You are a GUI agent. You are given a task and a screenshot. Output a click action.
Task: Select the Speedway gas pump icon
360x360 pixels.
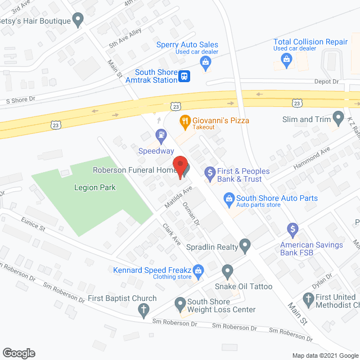tap(161, 136)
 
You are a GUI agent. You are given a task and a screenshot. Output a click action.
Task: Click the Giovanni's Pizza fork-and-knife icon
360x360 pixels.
tap(184, 120)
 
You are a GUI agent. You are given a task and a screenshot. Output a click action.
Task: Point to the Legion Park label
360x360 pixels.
tap(94, 187)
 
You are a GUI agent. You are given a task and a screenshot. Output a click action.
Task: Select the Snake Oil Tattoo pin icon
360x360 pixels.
tap(227, 272)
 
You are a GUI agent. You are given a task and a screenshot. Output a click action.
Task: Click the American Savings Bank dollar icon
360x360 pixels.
tap(292, 229)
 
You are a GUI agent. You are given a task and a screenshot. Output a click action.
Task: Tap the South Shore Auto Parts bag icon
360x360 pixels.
tap(229, 198)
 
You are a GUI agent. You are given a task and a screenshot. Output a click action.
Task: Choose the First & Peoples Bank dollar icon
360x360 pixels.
tap(210, 172)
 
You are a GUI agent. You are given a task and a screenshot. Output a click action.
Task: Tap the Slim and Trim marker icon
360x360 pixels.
tap(338, 119)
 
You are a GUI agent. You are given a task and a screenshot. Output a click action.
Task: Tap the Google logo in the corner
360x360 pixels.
tap(19, 353)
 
